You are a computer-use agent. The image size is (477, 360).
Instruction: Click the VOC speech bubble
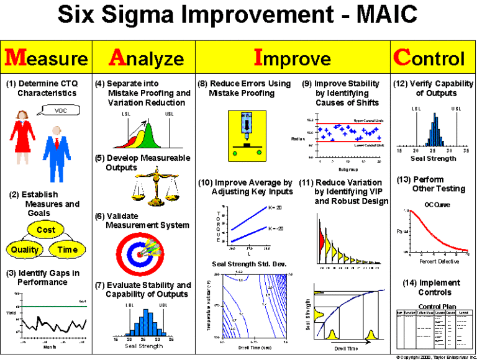click(x=60, y=111)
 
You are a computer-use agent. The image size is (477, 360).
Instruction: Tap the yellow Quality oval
click(x=24, y=250)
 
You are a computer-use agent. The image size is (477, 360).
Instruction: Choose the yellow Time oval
click(x=67, y=250)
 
